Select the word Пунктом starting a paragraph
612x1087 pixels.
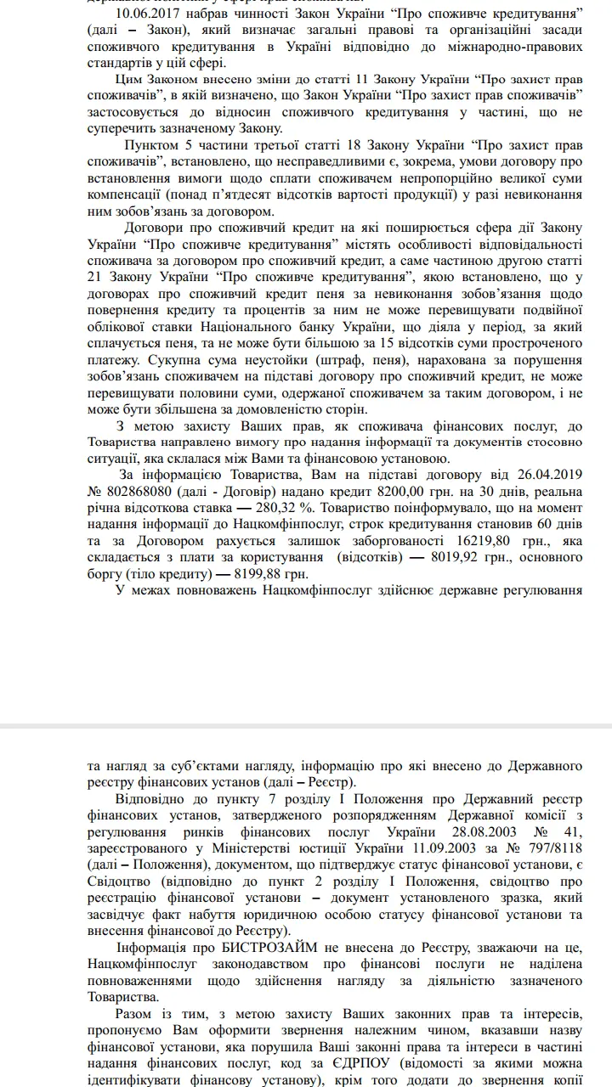tap(150, 146)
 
